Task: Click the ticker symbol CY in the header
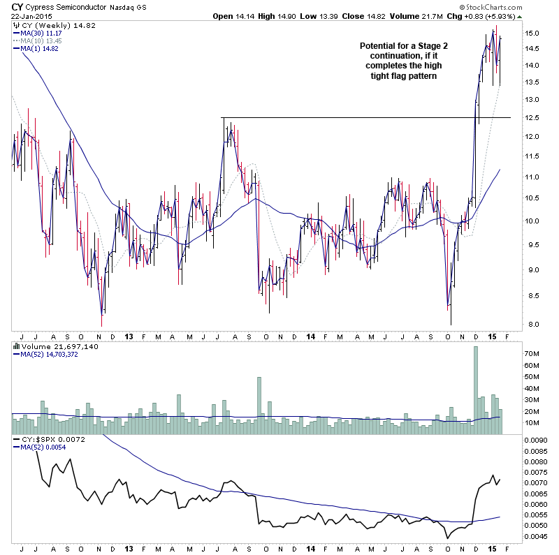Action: (17, 6)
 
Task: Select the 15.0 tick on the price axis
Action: (532, 34)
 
